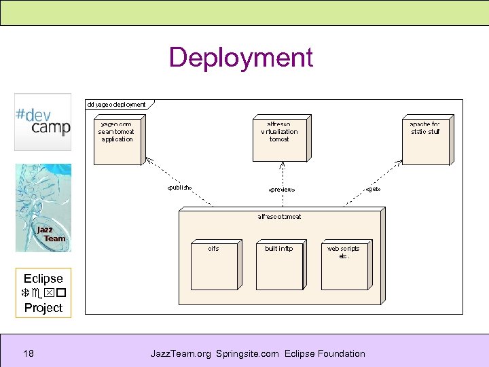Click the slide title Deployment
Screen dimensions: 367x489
[240, 58]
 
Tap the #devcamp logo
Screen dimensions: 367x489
[43, 122]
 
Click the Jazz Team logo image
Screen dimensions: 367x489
[43, 208]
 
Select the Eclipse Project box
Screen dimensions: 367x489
[43, 293]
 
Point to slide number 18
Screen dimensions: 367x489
[29, 353]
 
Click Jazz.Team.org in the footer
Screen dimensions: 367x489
[181, 353]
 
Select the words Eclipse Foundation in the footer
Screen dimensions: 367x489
[325, 353]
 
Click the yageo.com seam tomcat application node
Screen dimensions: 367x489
[117, 140]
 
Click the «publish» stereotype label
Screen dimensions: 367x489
[179, 188]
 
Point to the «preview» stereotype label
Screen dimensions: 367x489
[281, 190]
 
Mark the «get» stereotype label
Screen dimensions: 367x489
[373, 188]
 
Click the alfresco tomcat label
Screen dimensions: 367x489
[279, 217]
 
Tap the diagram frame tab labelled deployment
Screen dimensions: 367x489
[117, 104]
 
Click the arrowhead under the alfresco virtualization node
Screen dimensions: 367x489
[282, 166]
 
